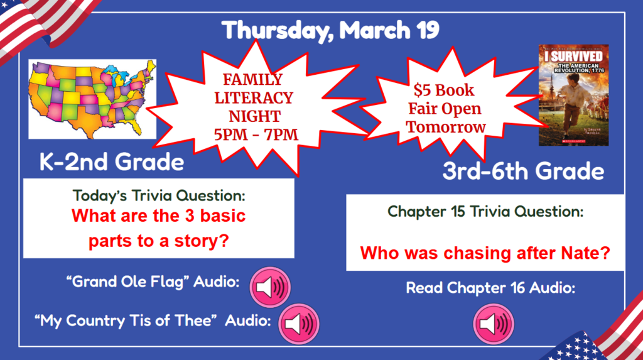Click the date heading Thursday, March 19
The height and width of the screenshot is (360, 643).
(x=331, y=30)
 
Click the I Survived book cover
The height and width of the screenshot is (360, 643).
(x=573, y=95)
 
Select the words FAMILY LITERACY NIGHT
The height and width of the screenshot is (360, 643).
(x=253, y=98)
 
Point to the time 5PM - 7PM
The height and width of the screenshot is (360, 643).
(x=254, y=134)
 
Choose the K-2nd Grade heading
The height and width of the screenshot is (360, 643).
(x=112, y=162)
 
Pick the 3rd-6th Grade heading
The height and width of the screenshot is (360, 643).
(x=523, y=171)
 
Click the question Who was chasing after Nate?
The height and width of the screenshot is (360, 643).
(x=485, y=254)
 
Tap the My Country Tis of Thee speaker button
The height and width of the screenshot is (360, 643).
(x=298, y=324)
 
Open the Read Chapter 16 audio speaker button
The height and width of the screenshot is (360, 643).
(x=493, y=324)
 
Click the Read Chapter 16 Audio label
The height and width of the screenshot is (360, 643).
(x=490, y=288)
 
